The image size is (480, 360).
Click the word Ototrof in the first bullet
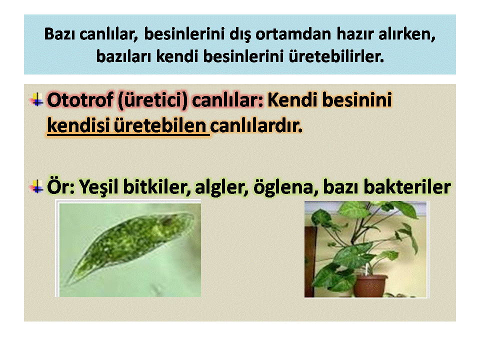80,100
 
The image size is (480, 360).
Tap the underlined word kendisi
78,125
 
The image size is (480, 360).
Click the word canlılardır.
256,126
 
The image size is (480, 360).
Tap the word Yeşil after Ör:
98,187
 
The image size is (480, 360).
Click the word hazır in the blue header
355,34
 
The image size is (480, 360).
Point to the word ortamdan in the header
293,34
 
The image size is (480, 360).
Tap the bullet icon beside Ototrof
36,100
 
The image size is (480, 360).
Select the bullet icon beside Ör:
36,186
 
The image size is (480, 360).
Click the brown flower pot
370,285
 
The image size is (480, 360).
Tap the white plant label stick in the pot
366,269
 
